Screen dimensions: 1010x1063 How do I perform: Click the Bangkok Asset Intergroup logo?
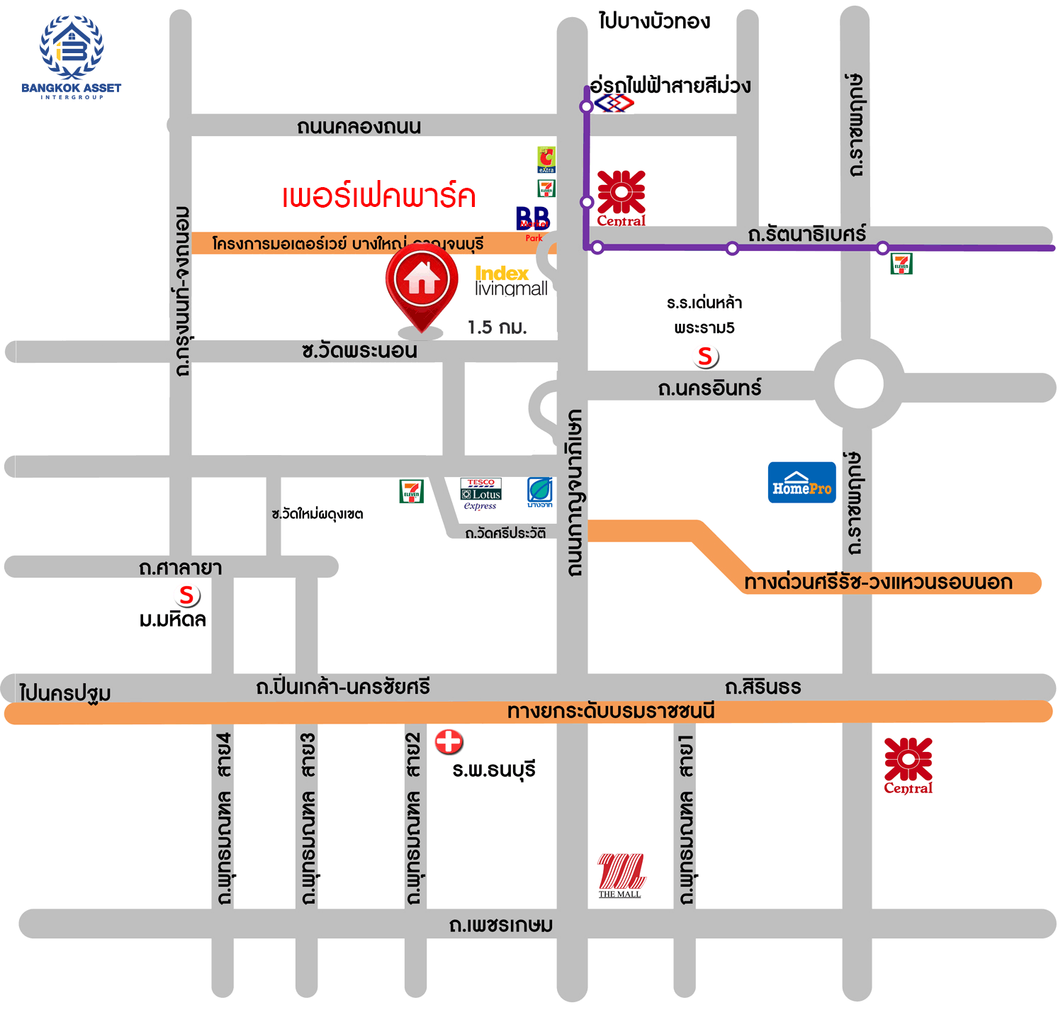[71, 57]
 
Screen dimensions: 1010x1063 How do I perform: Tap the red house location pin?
[422, 284]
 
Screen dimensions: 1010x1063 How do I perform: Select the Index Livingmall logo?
[510, 281]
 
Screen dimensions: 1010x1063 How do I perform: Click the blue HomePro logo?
[802, 483]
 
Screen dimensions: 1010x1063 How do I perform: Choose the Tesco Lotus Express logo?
[481, 493]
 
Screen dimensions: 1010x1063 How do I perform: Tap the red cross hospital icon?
[449, 742]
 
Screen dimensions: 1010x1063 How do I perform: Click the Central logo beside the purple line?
[621, 198]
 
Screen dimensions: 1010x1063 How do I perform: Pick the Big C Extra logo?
[546, 160]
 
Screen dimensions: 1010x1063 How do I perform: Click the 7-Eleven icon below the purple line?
[901, 264]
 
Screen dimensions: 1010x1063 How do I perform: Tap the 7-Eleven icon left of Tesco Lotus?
[411, 491]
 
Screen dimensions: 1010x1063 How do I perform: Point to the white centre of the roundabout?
[858, 384]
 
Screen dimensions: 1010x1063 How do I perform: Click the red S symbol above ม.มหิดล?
[187, 595]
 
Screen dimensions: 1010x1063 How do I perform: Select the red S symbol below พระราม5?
[705, 357]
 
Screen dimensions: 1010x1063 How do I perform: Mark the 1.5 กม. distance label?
[497, 327]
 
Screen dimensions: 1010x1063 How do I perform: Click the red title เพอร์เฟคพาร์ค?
[378, 196]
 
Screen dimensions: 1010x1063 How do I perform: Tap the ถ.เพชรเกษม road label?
[500, 925]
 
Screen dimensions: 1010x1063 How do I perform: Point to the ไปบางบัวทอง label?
[653, 21]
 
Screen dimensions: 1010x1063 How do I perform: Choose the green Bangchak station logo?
[540, 492]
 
